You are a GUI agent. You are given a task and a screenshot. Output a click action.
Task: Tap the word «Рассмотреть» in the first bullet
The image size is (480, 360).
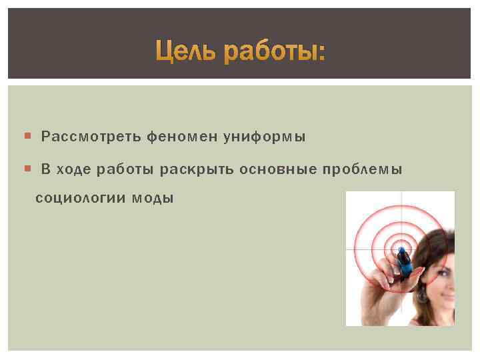pyautogui.click(x=91, y=137)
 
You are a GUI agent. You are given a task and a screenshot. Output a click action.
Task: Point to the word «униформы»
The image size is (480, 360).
pyautogui.click(x=265, y=138)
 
